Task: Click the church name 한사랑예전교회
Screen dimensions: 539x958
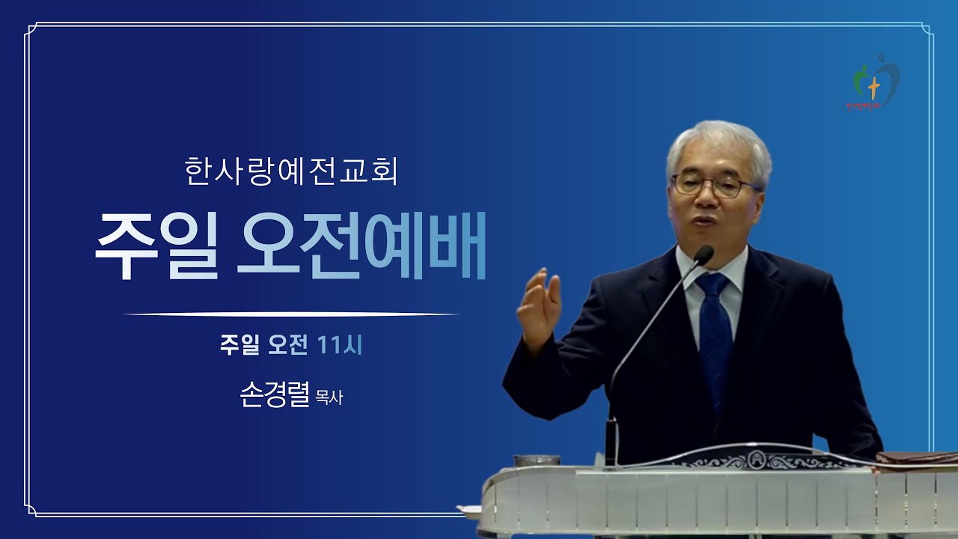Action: [290, 171]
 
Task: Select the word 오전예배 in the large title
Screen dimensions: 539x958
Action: [361, 247]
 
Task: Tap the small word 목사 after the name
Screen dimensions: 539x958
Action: [330, 398]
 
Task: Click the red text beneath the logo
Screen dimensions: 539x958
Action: [873, 107]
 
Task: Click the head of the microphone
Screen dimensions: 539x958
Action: [703, 255]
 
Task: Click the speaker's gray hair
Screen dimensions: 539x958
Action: [718, 142]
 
